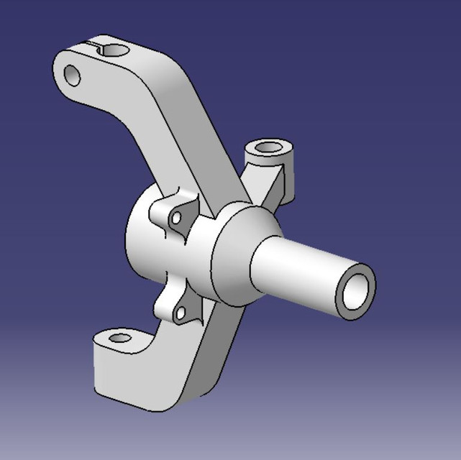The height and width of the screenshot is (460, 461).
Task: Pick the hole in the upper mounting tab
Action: [x=175, y=216]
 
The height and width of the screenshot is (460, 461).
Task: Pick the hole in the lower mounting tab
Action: [x=180, y=313]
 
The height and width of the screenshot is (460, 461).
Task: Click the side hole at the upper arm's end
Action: [x=72, y=74]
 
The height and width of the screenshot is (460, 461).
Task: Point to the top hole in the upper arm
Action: [x=112, y=48]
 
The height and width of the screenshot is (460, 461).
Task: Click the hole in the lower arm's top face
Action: [x=121, y=337]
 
